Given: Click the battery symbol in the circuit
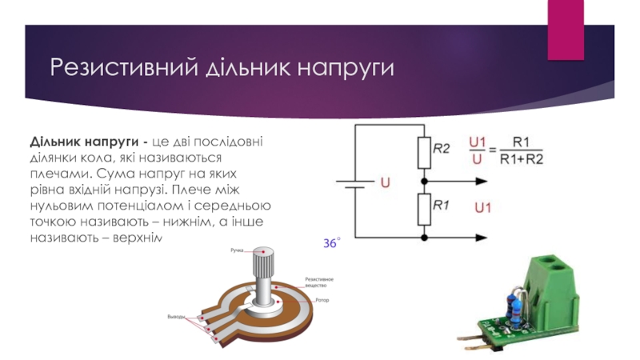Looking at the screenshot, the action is [x=354, y=182].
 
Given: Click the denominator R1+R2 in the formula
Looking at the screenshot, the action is [x=521, y=159].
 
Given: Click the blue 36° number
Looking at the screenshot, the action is [x=331, y=242].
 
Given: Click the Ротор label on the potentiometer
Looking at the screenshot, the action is [x=322, y=299].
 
